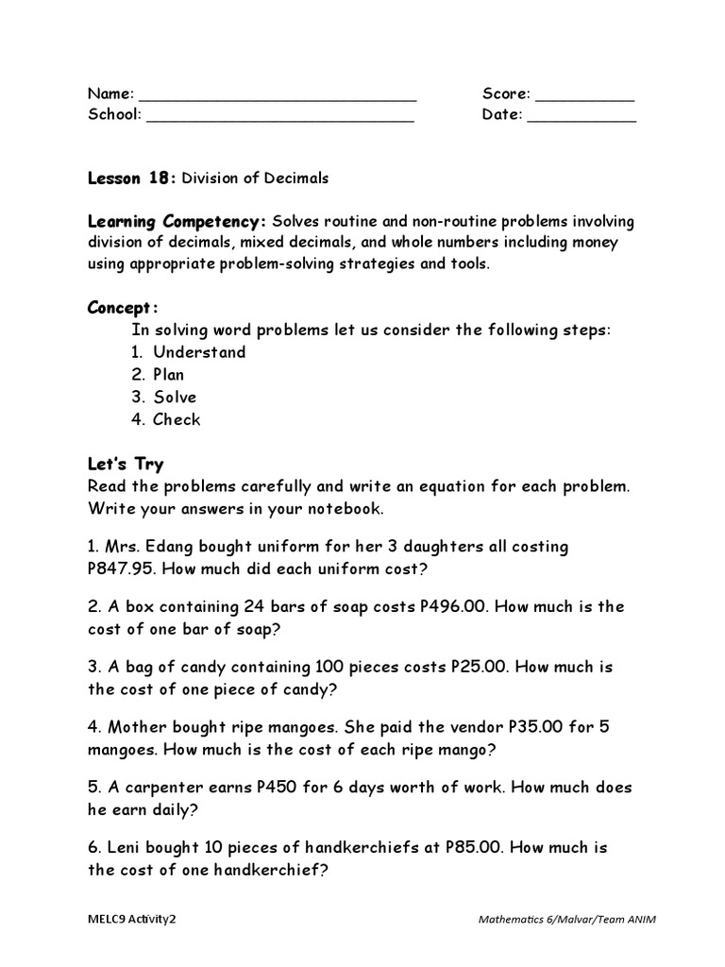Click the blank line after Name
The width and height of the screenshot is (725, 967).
pyautogui.click(x=278, y=97)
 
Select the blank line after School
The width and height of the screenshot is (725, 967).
pyautogui.click(x=280, y=119)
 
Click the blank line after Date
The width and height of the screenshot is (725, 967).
pyautogui.click(x=582, y=119)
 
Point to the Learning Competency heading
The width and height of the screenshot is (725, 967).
pyautogui.click(x=177, y=221)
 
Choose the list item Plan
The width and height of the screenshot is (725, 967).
pyautogui.click(x=169, y=375)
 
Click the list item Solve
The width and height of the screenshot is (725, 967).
pyautogui.click(x=175, y=398)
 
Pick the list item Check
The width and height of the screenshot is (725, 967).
pyautogui.click(x=177, y=420)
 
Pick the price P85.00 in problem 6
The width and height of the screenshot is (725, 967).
pyautogui.click(x=476, y=848)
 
